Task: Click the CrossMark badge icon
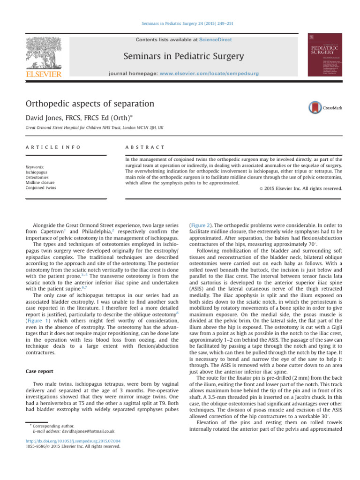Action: coord(316,108)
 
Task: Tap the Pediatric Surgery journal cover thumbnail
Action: coord(324,55)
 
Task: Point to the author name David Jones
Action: coord(45,117)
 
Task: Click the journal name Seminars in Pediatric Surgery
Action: coord(183,57)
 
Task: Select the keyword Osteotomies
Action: coord(36,177)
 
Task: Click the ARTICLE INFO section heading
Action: coord(46,147)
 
